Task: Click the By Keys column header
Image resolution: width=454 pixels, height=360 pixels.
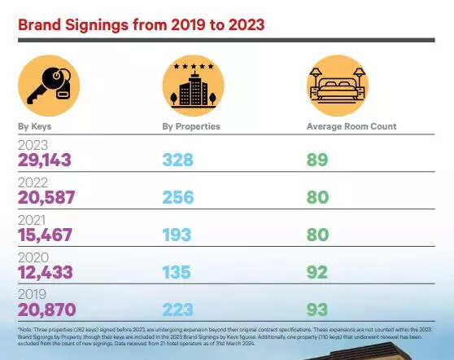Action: coord(35,126)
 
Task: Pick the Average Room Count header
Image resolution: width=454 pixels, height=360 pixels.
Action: coord(351,126)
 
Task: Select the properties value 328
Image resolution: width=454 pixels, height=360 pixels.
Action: coord(178,160)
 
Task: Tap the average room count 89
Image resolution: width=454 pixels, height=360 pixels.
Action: coord(317,160)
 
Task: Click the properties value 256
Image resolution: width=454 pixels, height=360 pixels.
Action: coord(179,197)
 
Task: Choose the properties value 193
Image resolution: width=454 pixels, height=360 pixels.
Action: coord(177,235)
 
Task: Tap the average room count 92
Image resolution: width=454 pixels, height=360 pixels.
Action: coord(317,272)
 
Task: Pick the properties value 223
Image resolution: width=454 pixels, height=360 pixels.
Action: coord(179,310)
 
